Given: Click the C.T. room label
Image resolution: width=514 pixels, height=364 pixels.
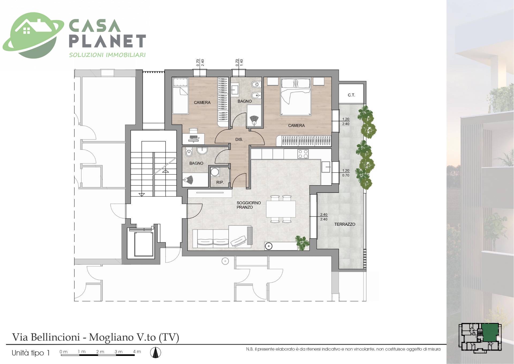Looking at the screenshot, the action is (351, 95).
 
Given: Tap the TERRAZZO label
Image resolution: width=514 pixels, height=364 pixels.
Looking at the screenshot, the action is (345, 224).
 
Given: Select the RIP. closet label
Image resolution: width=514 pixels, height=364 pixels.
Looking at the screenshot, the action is (220, 183).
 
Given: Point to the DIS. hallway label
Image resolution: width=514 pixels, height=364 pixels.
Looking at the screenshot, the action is (239, 139).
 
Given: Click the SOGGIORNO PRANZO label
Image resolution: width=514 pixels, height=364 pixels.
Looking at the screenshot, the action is (249, 205).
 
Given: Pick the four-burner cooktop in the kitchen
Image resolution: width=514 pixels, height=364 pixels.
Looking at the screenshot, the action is (303, 154).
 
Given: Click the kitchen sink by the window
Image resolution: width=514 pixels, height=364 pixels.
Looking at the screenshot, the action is (326, 167).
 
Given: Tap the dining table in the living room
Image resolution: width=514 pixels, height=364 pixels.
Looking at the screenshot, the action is (281, 209).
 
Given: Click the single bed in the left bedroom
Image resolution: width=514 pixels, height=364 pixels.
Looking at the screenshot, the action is (180, 96).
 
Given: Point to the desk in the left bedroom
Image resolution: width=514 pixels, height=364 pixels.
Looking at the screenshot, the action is (193, 139).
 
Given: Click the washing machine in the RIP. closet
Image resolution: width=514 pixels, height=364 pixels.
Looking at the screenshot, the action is (214, 172).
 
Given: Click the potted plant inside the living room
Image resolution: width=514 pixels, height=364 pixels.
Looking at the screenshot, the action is (303, 243).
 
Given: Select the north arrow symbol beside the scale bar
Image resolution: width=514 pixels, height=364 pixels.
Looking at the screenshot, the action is (155, 352).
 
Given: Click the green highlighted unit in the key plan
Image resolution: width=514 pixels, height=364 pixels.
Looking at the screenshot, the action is (490, 332).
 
